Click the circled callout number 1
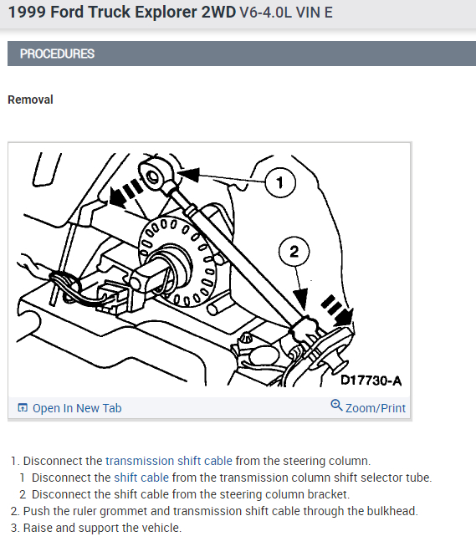pos(280,182)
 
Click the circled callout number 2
pos(294,252)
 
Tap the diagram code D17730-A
pos(371,381)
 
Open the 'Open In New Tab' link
pos(77,408)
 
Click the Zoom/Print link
pos(376,408)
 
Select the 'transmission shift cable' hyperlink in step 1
pos(169,461)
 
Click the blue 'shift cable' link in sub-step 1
pos(141,478)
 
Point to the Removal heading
pos(31,100)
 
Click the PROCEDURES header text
pos(57,54)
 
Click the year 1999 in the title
pos(27,13)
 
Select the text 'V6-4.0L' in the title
pos(266,13)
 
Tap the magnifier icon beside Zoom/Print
pos(336,406)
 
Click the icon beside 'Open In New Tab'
pos(23,408)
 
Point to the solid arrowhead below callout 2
pos(300,299)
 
